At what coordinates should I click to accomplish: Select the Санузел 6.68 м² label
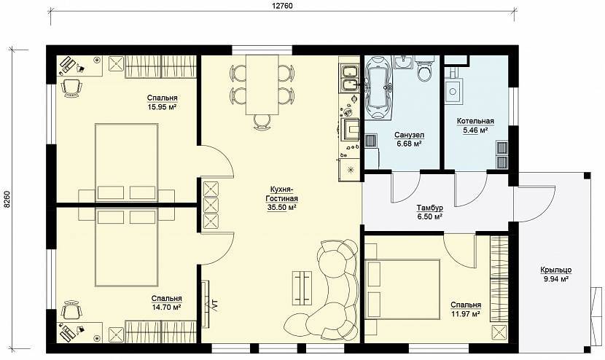click(x=409, y=139)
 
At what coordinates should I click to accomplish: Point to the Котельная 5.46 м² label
click(x=475, y=126)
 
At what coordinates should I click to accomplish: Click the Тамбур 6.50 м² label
click(x=429, y=212)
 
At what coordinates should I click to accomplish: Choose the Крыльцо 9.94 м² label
click(x=556, y=274)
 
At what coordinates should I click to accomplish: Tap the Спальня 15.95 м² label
click(x=162, y=102)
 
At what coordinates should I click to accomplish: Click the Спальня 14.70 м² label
click(x=166, y=303)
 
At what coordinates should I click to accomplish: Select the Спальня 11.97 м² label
click(x=466, y=310)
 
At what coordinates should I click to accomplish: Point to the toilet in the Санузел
click(x=425, y=69)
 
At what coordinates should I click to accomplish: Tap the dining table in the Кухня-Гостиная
click(x=262, y=85)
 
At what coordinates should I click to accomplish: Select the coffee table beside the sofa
click(x=302, y=287)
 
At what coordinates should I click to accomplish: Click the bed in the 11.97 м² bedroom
click(x=402, y=289)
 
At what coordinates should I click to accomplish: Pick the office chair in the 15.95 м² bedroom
click(x=71, y=88)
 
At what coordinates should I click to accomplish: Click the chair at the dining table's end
click(x=262, y=122)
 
